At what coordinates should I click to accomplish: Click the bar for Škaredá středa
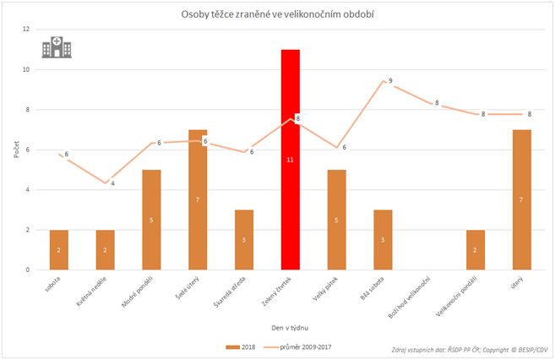[244, 240]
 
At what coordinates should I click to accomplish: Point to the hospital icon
[57, 47]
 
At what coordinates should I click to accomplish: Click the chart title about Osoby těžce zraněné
[278, 14]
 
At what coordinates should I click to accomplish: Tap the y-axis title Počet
[14, 150]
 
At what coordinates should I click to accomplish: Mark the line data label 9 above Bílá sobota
[390, 81]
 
